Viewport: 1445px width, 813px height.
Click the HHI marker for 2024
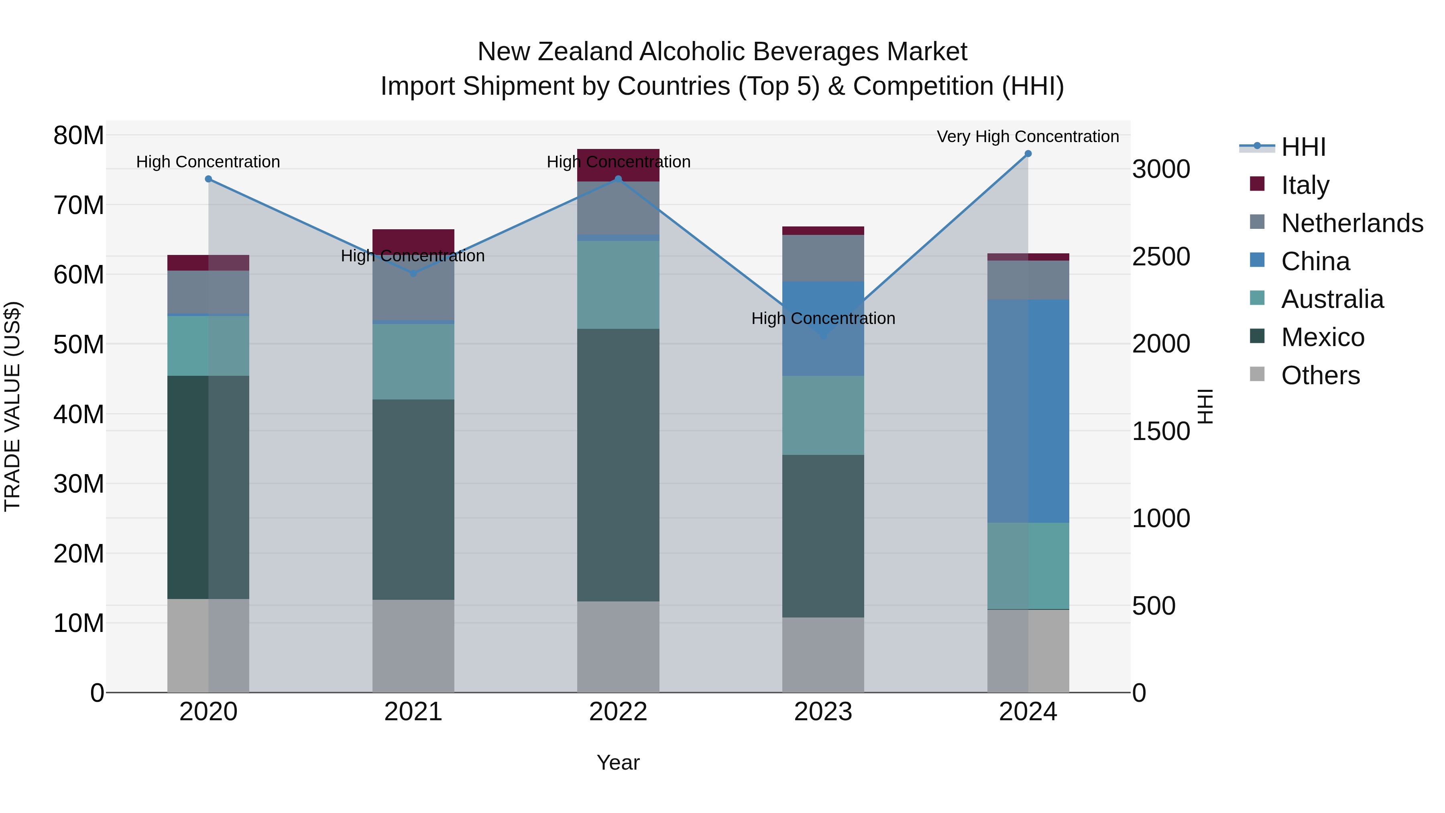pos(1028,154)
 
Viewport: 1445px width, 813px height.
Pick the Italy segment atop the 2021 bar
pos(413,238)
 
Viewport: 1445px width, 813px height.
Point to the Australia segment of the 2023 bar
pos(823,415)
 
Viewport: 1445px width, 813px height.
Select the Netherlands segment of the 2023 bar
pos(823,258)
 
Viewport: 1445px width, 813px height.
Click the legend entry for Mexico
pos(1322,337)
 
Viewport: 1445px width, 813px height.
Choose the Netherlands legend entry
pos(1352,223)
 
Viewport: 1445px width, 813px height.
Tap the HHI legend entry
pos(1303,147)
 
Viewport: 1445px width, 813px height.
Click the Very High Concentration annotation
pos(1028,137)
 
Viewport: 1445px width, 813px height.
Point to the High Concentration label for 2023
pos(823,318)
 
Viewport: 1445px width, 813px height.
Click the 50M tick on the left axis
pos(79,344)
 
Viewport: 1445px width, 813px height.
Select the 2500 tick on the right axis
pos(1160,257)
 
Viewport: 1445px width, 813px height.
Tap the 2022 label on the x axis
pos(618,712)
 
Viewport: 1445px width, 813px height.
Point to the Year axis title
pos(618,762)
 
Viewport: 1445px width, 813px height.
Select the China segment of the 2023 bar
pos(823,328)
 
